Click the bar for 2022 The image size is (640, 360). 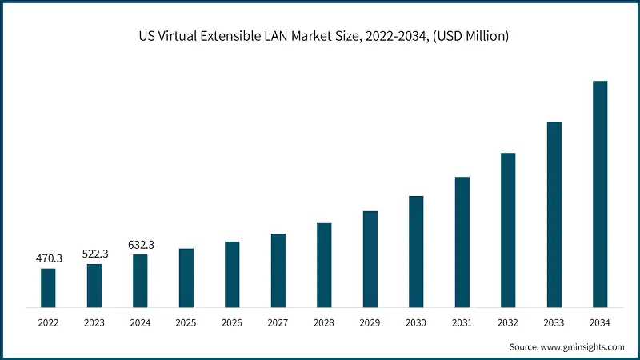[x=48, y=288]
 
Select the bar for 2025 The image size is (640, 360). [x=186, y=278]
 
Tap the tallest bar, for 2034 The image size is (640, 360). [x=600, y=194]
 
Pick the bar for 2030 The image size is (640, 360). [x=416, y=251]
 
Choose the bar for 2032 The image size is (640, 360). [x=508, y=230]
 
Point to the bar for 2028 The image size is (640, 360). [x=324, y=265]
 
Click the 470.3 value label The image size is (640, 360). [x=48, y=259]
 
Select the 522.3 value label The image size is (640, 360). [x=94, y=254]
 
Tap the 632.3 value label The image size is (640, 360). [x=140, y=245]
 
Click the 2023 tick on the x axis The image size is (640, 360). [x=94, y=322]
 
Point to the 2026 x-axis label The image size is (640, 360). [x=232, y=322]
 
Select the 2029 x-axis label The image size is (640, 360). [x=370, y=322]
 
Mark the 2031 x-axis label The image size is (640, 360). [x=462, y=322]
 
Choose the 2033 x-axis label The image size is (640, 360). [x=554, y=322]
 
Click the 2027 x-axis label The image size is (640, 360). [x=278, y=322]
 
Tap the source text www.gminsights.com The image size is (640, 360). [x=583, y=347]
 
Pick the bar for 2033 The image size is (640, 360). [x=554, y=214]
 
